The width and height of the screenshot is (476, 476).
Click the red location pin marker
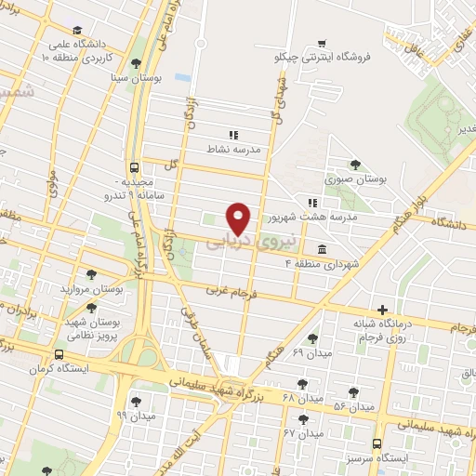tap(240, 218)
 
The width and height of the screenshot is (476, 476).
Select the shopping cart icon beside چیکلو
tap(322, 42)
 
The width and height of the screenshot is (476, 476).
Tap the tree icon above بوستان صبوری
tap(356, 164)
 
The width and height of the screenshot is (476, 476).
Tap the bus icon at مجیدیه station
tap(135, 168)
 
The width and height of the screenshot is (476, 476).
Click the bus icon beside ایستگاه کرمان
tap(59, 355)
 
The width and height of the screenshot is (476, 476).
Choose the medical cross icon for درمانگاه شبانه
tap(382, 310)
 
